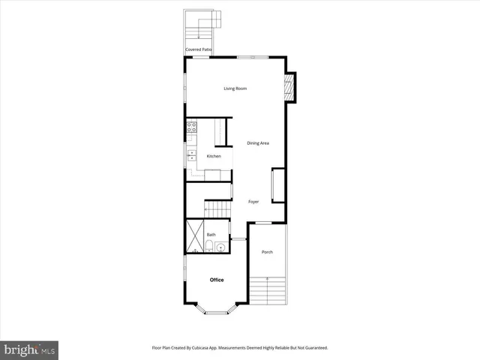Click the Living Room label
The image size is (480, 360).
235,89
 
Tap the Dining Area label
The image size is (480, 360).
258,143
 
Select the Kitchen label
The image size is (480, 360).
214,156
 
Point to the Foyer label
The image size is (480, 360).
253,202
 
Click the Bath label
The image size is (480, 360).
211,235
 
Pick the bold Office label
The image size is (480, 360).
217,280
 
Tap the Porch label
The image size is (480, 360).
267,252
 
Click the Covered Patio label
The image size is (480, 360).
199,49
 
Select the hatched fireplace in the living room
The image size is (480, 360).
291,88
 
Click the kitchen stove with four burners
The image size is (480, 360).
191,127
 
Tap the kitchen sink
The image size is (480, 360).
191,154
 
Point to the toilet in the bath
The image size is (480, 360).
208,247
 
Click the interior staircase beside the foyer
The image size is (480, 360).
218,209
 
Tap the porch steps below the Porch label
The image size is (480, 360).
268,289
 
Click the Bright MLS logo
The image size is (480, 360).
28,349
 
